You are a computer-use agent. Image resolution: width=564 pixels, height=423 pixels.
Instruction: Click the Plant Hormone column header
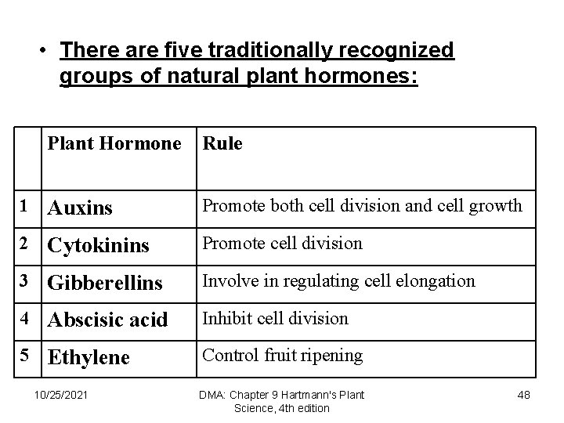click(x=114, y=144)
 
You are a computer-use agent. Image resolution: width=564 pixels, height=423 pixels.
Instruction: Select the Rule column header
click(x=223, y=144)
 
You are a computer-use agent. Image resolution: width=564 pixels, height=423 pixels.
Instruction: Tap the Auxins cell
click(x=80, y=208)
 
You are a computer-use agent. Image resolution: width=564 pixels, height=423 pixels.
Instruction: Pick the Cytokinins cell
click(x=98, y=246)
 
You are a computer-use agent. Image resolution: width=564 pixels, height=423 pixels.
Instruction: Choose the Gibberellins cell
click(x=105, y=283)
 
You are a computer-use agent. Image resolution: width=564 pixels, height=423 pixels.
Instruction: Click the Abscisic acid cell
click(x=107, y=320)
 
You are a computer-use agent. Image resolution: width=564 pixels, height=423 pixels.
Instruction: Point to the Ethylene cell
click(x=89, y=358)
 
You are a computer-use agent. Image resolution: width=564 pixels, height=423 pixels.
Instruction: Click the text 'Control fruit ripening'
click(x=283, y=356)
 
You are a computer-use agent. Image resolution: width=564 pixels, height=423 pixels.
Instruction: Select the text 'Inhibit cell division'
click(x=276, y=318)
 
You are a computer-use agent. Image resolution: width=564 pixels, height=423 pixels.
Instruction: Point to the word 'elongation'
click(x=435, y=280)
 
